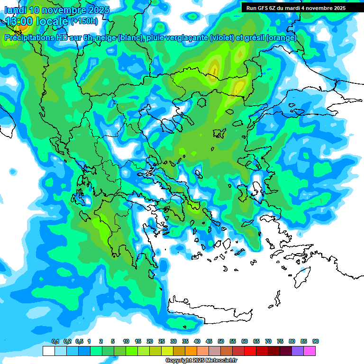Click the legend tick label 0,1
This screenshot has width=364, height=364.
point(55,341)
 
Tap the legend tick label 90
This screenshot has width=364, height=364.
point(316,341)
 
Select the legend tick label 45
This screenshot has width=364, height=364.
point(209,341)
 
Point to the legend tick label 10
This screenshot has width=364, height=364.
point(126,341)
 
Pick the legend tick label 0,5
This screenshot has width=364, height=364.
point(79,341)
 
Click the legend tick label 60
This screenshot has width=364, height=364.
point(245,341)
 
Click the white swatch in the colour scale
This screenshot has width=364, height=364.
point(48,351)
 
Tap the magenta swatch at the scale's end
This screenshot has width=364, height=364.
point(309,351)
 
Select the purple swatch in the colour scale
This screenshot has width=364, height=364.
point(298,351)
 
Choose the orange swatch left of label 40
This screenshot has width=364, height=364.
point(191,351)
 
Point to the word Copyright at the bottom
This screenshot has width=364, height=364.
point(178,361)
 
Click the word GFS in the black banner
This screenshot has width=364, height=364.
point(262,8)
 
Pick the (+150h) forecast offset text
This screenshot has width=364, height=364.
point(84,21)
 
